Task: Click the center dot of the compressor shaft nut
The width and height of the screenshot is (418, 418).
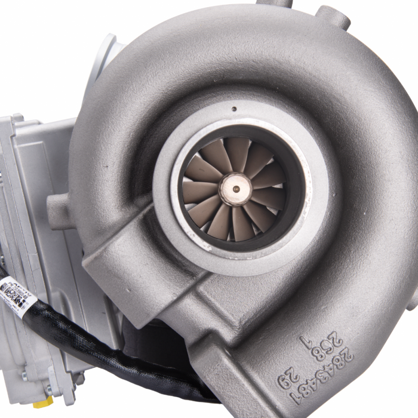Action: click(x=236, y=189)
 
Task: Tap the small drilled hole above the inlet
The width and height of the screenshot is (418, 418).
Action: click(x=233, y=109)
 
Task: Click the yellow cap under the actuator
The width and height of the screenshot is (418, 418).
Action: click(x=42, y=403)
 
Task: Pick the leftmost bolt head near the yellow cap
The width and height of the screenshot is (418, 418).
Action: click(x=24, y=377)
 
